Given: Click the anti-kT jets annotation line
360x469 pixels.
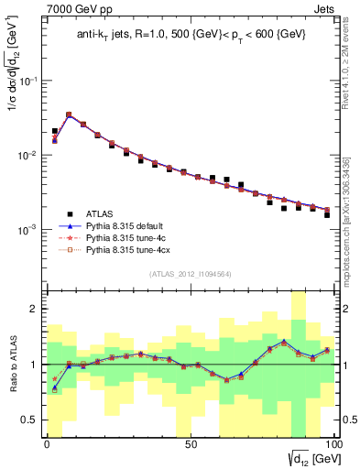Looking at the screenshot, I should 191,36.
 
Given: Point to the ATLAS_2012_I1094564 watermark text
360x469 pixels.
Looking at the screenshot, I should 190,273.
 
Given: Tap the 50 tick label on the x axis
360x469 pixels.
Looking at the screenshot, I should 190,442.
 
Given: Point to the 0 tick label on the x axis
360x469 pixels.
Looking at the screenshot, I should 48,442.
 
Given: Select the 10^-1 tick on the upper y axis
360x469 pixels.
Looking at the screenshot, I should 30,81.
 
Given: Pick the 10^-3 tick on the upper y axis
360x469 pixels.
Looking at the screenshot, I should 30,229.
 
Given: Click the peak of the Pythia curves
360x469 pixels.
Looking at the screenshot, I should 69,115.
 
